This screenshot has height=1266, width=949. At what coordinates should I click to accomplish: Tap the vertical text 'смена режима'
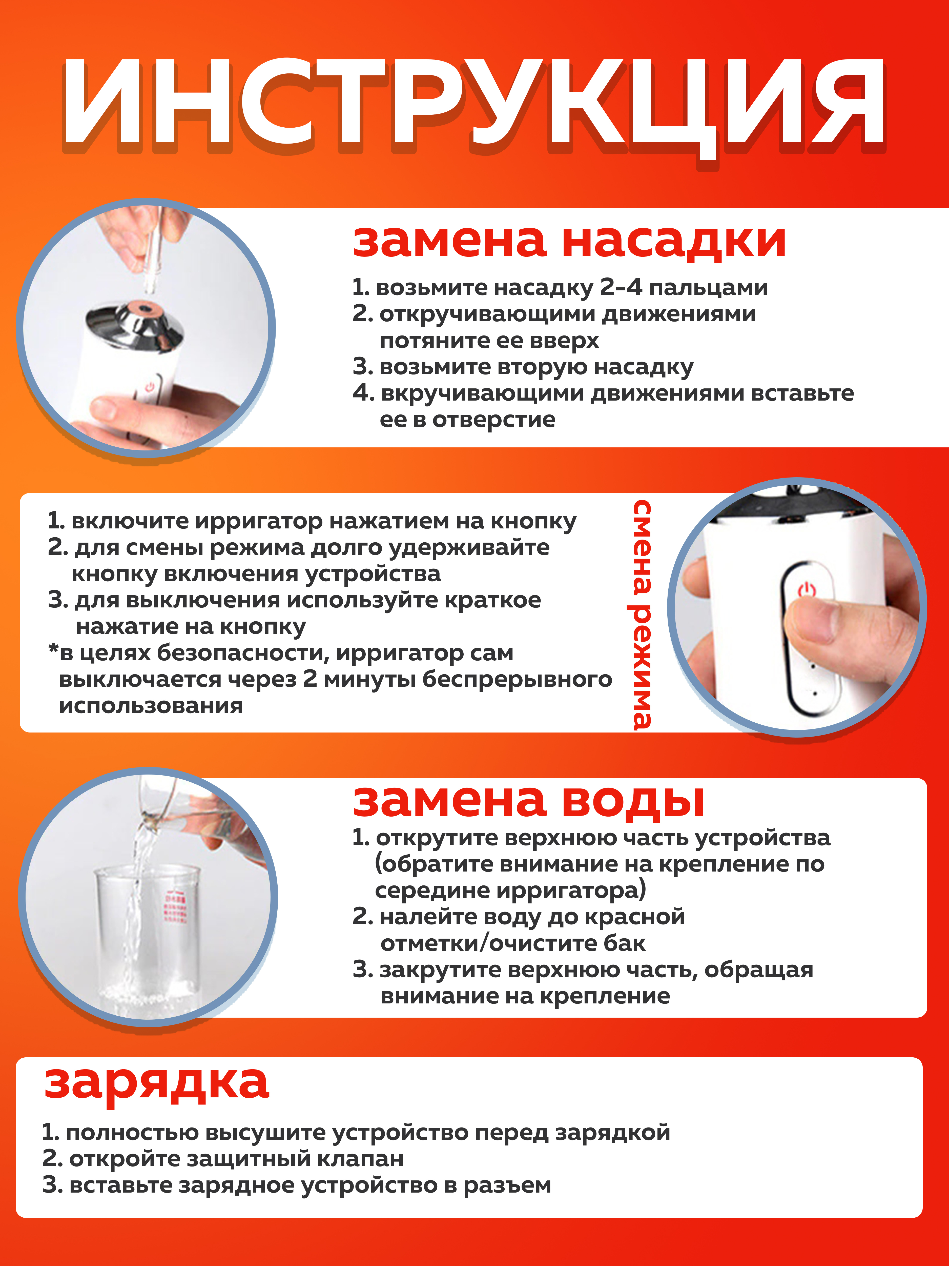tap(642, 614)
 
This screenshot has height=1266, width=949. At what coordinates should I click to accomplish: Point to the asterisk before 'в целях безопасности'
tap(53, 650)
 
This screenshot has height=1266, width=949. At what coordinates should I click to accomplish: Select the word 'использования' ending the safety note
tap(151, 706)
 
